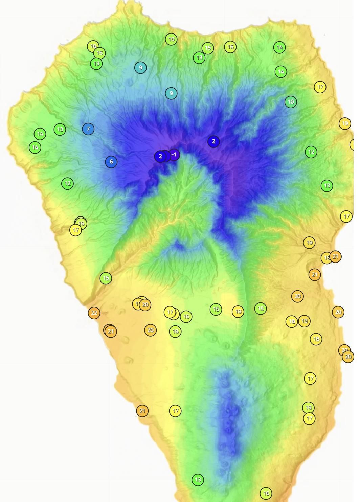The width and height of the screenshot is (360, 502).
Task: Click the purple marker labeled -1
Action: click(x=174, y=155)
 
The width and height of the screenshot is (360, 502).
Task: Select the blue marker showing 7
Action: click(x=88, y=129)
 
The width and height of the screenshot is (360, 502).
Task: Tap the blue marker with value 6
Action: click(x=111, y=162)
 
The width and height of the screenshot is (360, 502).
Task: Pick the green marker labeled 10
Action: click(x=291, y=102)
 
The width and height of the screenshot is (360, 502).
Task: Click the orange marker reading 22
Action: click(x=94, y=313)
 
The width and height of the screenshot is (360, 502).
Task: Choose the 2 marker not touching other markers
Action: click(x=213, y=142)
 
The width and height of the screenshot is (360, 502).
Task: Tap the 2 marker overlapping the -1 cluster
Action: click(x=160, y=156)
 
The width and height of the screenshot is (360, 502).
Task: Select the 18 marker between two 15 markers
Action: click(x=238, y=312)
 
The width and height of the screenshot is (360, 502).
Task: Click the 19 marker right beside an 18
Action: click(x=305, y=321)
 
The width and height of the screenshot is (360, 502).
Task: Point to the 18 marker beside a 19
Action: click(x=292, y=321)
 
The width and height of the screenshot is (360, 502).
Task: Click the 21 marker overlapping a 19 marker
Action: click(x=335, y=257)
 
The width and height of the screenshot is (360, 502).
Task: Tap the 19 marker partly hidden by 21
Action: click(x=326, y=258)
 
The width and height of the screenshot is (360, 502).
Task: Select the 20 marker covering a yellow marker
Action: click(x=145, y=305)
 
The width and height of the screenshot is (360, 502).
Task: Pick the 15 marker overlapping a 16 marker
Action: click(x=99, y=53)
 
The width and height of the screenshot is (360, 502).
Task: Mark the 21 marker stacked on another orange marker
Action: click(x=111, y=332)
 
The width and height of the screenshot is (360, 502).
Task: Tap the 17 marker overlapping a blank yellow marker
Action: click(x=170, y=312)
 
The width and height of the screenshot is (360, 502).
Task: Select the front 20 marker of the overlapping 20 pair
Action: click(x=348, y=357)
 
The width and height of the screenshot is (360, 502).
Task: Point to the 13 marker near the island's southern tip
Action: click(x=198, y=480)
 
